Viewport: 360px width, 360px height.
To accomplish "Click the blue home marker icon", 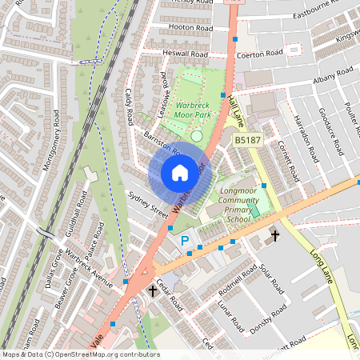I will click(x=180, y=172).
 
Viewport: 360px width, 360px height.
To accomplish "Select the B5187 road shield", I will click(x=247, y=140).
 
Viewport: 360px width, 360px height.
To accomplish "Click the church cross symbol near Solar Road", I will click(x=275, y=236).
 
